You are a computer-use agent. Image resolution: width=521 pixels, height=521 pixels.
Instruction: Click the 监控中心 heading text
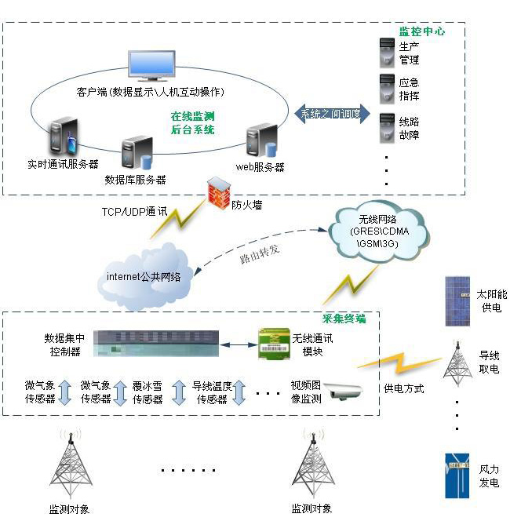421,32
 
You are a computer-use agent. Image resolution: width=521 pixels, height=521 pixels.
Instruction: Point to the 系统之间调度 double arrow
331,113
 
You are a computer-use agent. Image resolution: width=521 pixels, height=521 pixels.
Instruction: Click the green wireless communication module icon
274,344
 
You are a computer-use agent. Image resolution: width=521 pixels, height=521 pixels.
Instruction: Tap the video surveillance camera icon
343,389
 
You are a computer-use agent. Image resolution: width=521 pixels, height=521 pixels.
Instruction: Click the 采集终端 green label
344,319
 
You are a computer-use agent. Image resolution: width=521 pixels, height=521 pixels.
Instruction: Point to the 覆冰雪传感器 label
148,392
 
